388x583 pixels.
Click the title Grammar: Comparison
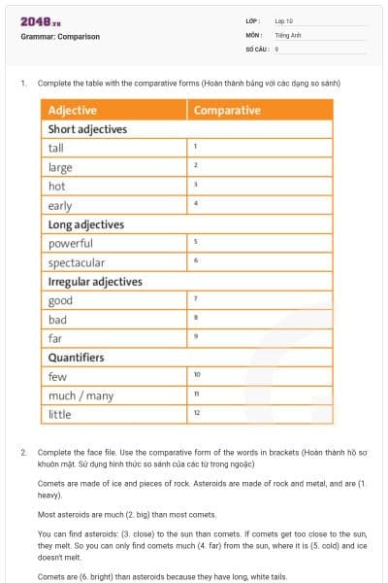pos(60,37)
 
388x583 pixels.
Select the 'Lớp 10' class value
pos(284,20)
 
